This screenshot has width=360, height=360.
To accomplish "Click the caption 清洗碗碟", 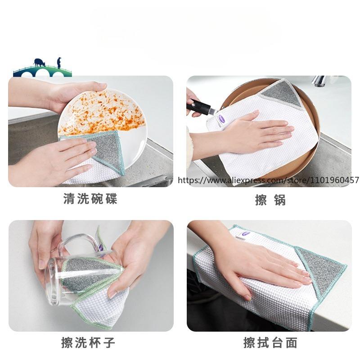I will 90,199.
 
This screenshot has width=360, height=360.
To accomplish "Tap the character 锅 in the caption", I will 280,200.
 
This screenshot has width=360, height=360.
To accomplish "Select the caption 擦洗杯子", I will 88,343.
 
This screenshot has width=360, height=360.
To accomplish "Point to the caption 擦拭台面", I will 270,343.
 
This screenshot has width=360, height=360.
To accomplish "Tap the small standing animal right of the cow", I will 58,62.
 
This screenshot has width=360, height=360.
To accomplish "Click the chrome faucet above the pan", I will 320,81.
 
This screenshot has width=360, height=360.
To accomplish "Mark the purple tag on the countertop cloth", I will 246,234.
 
